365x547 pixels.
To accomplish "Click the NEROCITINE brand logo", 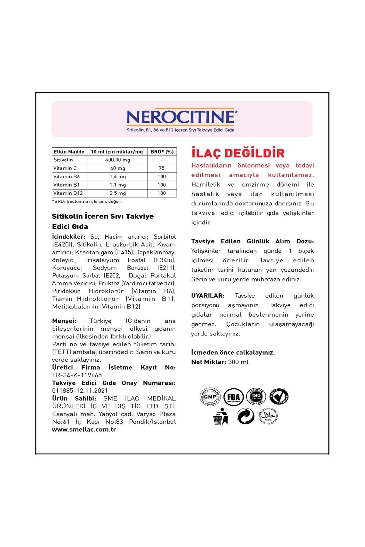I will click(182, 117).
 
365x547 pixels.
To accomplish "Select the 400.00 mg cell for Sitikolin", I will click(117, 160).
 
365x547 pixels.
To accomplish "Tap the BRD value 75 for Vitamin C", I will click(162, 168).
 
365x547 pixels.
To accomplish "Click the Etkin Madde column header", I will click(69, 152).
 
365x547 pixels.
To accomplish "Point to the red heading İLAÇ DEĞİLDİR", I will click(238, 153).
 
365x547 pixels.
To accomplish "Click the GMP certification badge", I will click(210, 397).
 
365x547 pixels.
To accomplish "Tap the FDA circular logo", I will click(233, 397).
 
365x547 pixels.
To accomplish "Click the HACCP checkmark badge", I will click(279, 397).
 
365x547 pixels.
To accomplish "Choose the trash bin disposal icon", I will click(221, 417).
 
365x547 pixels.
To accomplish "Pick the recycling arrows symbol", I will click(245, 416).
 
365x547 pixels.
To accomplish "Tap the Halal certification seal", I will click(268, 416).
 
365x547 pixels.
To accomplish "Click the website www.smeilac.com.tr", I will click(84, 430).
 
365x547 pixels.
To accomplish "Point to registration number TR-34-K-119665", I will click(77, 375).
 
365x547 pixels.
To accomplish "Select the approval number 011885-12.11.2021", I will click(80, 391).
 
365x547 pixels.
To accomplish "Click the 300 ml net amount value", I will click(238, 362).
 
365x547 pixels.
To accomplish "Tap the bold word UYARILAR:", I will click(208, 296).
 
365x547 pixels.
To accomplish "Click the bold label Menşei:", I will click(64, 321).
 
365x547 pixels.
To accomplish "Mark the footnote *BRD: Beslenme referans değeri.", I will click(87, 201).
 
